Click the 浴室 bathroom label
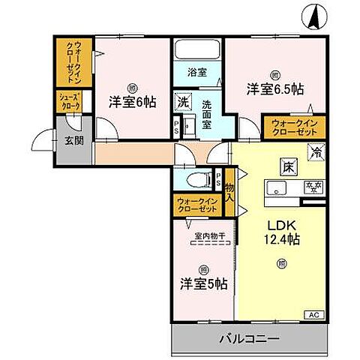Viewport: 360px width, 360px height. coord(197,73)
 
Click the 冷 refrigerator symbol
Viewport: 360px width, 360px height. coord(317,151)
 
